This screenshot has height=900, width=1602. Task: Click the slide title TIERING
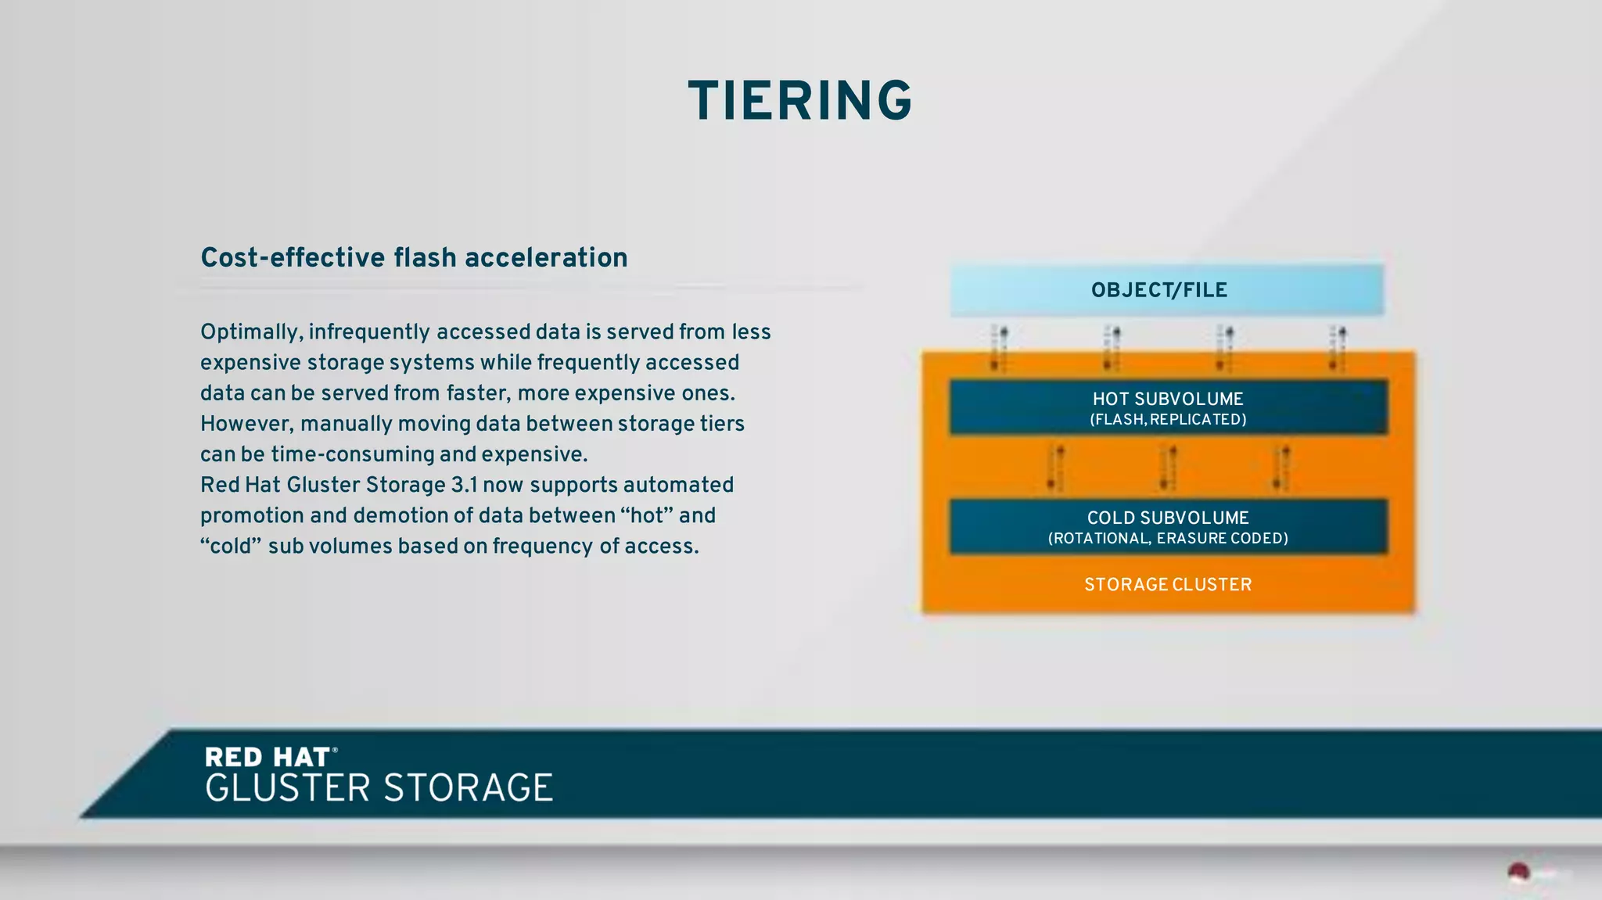pyautogui.click(x=799, y=102)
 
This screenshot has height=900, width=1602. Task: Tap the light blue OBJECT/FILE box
pyautogui.click(x=1166, y=290)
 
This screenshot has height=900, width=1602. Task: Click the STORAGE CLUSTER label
pyautogui.click(x=1167, y=584)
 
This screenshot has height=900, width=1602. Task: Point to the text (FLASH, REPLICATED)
pyautogui.click(x=1167, y=420)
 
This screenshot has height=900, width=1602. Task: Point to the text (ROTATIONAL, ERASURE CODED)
pyautogui.click(x=1167, y=539)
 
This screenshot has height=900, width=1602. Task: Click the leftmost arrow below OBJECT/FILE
pyautogui.click(x=999, y=348)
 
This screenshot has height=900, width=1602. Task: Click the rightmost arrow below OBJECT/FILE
pyautogui.click(x=1338, y=348)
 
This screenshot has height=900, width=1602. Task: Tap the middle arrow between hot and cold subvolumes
pyautogui.click(x=1168, y=467)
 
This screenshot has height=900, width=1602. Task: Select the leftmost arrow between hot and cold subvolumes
pyautogui.click(x=1055, y=467)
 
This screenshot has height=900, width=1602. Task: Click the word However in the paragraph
pyautogui.click(x=246, y=424)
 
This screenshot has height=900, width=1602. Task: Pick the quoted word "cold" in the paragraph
pyautogui.click(x=230, y=546)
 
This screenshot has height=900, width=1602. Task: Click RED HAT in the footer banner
pyautogui.click(x=268, y=757)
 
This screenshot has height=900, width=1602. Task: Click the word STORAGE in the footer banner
pyautogui.click(x=468, y=787)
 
